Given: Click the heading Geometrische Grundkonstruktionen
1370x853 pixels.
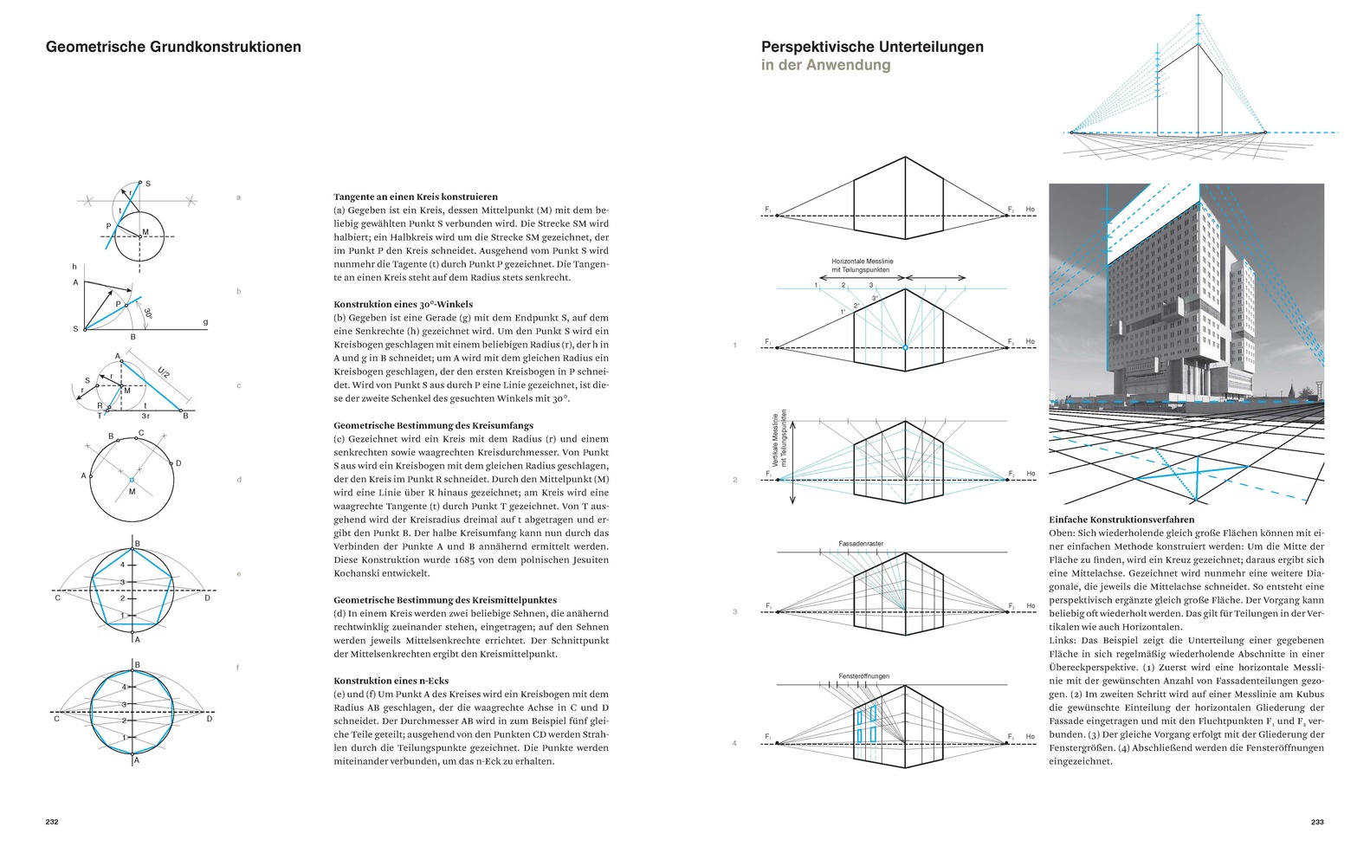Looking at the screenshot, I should (173, 47).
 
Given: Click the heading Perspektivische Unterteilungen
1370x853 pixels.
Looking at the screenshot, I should (872, 47).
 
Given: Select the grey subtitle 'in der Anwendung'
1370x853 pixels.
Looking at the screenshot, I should (825, 65).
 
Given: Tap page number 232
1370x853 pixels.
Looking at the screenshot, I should (52, 822).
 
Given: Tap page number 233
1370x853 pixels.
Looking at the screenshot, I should (1316, 822).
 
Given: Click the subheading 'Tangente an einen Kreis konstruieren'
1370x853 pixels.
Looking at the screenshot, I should (416, 197).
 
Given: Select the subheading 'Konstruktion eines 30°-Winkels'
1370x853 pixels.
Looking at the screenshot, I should (404, 304).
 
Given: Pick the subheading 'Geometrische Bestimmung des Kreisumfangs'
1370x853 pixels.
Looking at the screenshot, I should (433, 425).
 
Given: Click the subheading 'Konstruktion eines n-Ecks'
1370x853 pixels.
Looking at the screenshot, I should (391, 681).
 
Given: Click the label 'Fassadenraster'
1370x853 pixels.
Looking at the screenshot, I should (861, 544).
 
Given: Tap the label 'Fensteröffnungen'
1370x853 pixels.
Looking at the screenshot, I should (863, 676).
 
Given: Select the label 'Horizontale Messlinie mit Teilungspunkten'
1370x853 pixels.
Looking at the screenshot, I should (862, 265).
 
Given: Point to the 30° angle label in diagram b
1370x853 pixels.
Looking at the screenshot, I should (148, 313).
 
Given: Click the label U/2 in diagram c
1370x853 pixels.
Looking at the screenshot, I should (164, 373).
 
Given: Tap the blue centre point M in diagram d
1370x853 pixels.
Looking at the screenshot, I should (132, 480).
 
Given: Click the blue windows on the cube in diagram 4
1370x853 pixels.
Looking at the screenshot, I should (866, 725).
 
